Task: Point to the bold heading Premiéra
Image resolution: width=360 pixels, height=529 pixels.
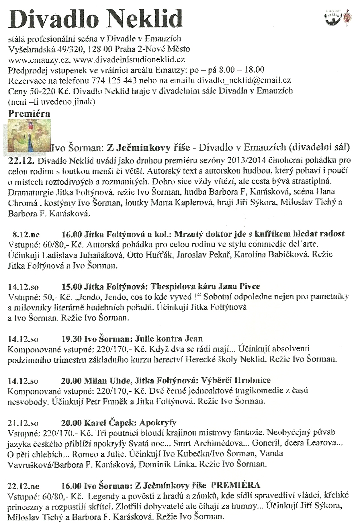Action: click(29, 114)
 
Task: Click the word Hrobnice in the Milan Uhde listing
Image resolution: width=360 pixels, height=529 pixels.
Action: click(253, 380)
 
